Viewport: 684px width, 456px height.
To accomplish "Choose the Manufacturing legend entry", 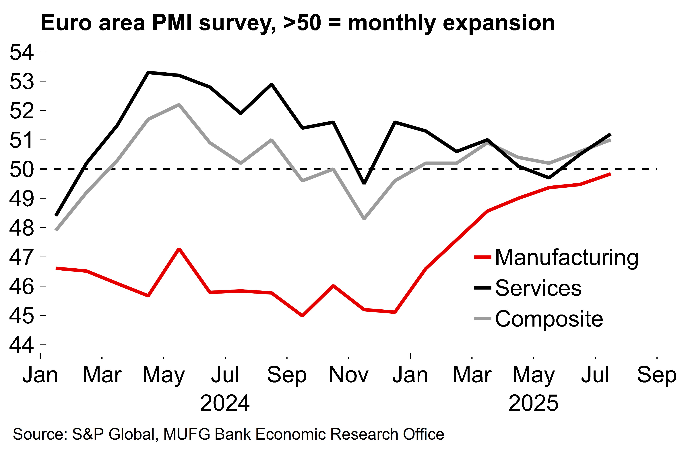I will (567, 258).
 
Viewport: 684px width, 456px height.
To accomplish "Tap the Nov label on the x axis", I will (348, 374).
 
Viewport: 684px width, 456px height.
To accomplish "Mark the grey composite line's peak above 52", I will (179, 104).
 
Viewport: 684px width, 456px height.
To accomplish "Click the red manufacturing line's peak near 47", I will (179, 249).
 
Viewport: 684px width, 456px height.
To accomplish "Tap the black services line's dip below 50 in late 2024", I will (364, 183).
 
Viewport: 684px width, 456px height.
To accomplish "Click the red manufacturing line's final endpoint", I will (610, 174).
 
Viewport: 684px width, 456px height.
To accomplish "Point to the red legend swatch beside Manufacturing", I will (483, 257).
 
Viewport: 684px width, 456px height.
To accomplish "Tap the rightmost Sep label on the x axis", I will (657, 374).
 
